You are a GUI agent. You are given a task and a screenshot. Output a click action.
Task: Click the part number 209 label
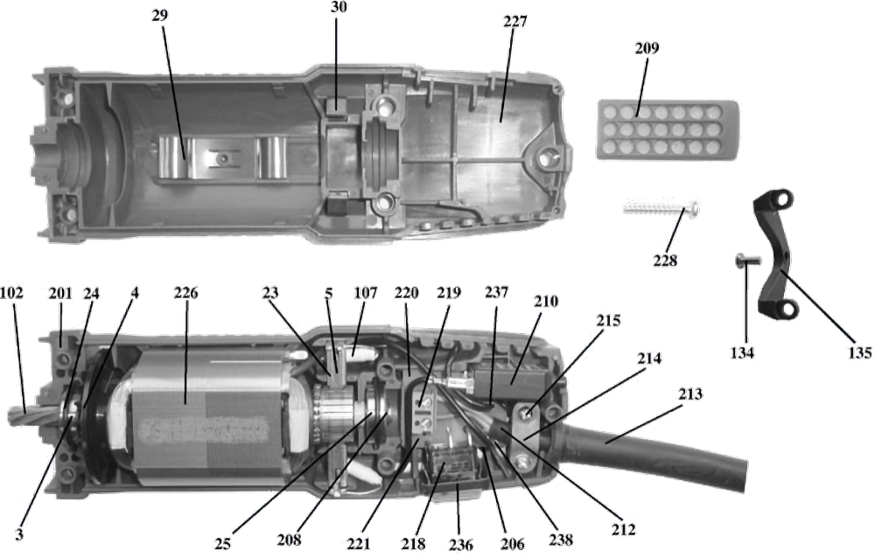click(x=647, y=49)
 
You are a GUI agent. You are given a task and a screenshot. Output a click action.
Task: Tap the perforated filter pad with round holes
click(x=668, y=129)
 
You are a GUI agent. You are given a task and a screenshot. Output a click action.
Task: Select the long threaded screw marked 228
click(x=661, y=209)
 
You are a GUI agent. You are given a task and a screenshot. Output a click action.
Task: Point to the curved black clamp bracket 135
click(x=774, y=253)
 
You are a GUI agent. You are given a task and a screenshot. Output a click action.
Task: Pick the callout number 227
click(x=514, y=22)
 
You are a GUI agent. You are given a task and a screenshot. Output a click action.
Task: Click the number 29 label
click(x=159, y=15)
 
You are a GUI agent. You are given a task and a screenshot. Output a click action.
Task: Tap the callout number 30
click(x=338, y=7)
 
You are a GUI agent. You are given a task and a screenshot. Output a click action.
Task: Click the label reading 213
click(x=690, y=394)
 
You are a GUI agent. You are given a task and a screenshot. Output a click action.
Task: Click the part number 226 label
click(x=185, y=292)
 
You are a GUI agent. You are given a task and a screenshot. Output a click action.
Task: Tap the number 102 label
click(x=11, y=292)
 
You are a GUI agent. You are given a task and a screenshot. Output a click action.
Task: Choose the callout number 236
click(x=461, y=544)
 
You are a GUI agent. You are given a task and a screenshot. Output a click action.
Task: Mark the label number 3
click(x=19, y=534)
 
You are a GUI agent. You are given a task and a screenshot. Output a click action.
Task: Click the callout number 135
click(x=859, y=352)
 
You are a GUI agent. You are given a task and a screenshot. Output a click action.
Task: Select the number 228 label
click(x=665, y=260)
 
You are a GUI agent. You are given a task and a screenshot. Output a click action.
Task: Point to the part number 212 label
click(x=623, y=529)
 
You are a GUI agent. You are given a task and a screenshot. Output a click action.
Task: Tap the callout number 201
click(x=60, y=292)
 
